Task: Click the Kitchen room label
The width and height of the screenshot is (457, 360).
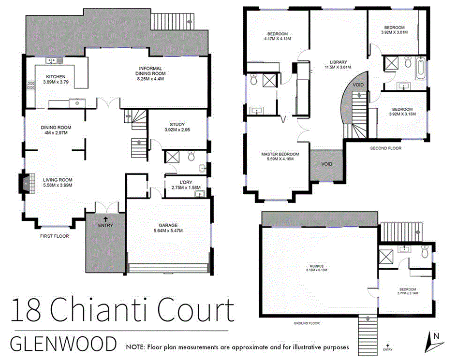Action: pos(55,77)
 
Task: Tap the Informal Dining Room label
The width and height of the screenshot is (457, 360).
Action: pos(150,68)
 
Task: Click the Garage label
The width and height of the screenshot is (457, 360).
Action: pos(168,225)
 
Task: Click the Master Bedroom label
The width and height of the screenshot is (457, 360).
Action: pos(280,154)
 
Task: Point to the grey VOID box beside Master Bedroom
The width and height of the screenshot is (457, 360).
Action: pos(326,164)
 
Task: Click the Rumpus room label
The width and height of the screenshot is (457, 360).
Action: pos(317,266)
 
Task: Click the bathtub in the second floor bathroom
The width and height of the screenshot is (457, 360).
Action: pos(420,69)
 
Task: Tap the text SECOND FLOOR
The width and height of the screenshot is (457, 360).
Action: pos(385,148)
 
